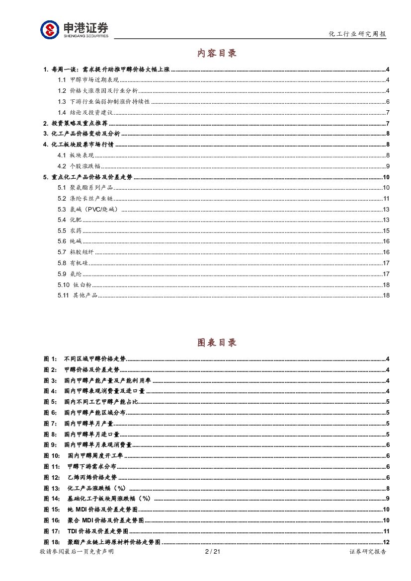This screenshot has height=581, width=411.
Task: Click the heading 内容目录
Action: pos(217,53)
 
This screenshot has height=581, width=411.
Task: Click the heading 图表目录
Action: pos(217,343)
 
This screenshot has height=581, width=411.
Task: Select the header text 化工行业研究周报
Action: pos(357,34)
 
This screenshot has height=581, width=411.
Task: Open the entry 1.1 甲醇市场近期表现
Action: pos(87,80)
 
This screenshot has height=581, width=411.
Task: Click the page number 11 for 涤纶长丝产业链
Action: pos(386,199)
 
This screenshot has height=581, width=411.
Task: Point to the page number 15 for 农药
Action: pos(386,231)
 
